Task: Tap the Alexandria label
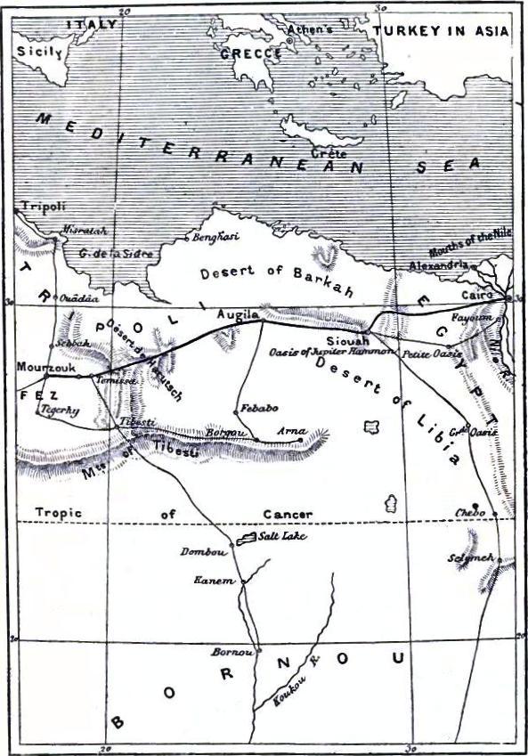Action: point(438,265)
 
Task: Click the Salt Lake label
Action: point(278,539)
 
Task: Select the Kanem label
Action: point(215,581)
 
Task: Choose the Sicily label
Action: point(38,53)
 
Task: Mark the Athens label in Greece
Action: point(311,28)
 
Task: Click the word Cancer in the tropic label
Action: point(288,515)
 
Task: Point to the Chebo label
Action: point(469,513)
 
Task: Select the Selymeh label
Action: point(475,557)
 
